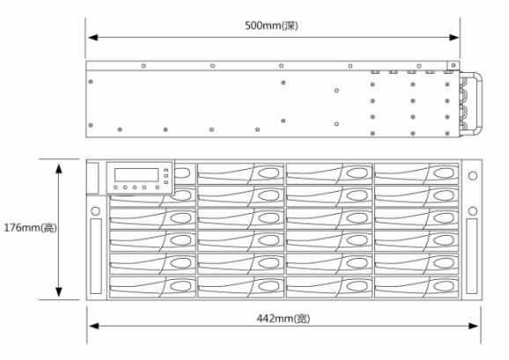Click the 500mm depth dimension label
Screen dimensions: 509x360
point(271,26)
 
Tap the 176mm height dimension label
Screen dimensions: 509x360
point(30,228)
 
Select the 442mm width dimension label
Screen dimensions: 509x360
point(284,319)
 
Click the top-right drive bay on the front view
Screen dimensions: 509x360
point(417,173)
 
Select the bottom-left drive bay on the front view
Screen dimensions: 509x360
point(152,287)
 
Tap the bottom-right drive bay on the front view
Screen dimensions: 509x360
point(417,287)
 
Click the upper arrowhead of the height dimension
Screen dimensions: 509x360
point(59,169)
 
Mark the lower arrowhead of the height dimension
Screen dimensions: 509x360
point(59,292)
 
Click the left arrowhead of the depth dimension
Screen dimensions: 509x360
point(93,38)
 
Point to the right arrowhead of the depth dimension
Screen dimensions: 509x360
point(454,38)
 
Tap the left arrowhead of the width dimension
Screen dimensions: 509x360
point(93,326)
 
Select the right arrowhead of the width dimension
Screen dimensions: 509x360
point(474,326)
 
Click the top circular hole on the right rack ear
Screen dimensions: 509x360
point(473,176)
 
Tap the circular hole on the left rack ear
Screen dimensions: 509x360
point(95,211)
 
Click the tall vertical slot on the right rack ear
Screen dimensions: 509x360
point(472,256)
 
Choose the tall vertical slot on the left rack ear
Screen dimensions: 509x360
point(96,256)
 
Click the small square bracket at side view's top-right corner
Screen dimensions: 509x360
point(453,65)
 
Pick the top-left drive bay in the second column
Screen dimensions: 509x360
point(240,173)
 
